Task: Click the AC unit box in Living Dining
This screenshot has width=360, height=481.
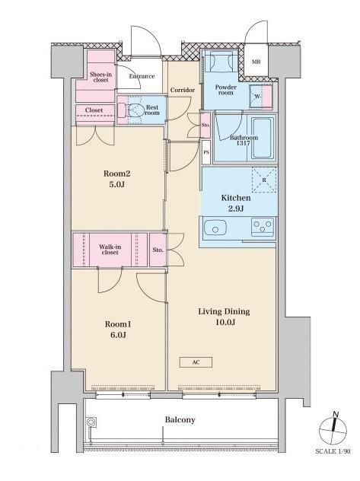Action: click(196, 362)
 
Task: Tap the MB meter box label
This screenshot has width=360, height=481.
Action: click(256, 62)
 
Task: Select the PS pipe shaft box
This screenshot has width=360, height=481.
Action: click(206, 152)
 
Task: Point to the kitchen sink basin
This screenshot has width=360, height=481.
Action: click(215, 228)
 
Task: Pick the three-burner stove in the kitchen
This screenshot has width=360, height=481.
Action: click(263, 227)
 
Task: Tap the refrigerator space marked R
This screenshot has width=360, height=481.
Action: click(264, 180)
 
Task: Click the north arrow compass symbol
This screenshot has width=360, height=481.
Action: click(333, 430)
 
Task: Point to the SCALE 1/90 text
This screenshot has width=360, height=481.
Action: click(333, 451)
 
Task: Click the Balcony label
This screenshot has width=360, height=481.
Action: click(180, 419)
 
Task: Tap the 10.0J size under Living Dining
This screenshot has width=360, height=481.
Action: click(225, 323)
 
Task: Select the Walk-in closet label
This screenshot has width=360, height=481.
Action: click(110, 250)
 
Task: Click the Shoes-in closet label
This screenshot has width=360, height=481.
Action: click(100, 77)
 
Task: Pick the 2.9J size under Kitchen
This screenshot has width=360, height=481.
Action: click(236, 209)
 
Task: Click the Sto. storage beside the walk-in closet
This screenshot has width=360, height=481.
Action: click(158, 250)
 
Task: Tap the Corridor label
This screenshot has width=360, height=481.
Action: click(183, 90)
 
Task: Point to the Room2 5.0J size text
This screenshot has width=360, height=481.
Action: click(116, 185)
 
